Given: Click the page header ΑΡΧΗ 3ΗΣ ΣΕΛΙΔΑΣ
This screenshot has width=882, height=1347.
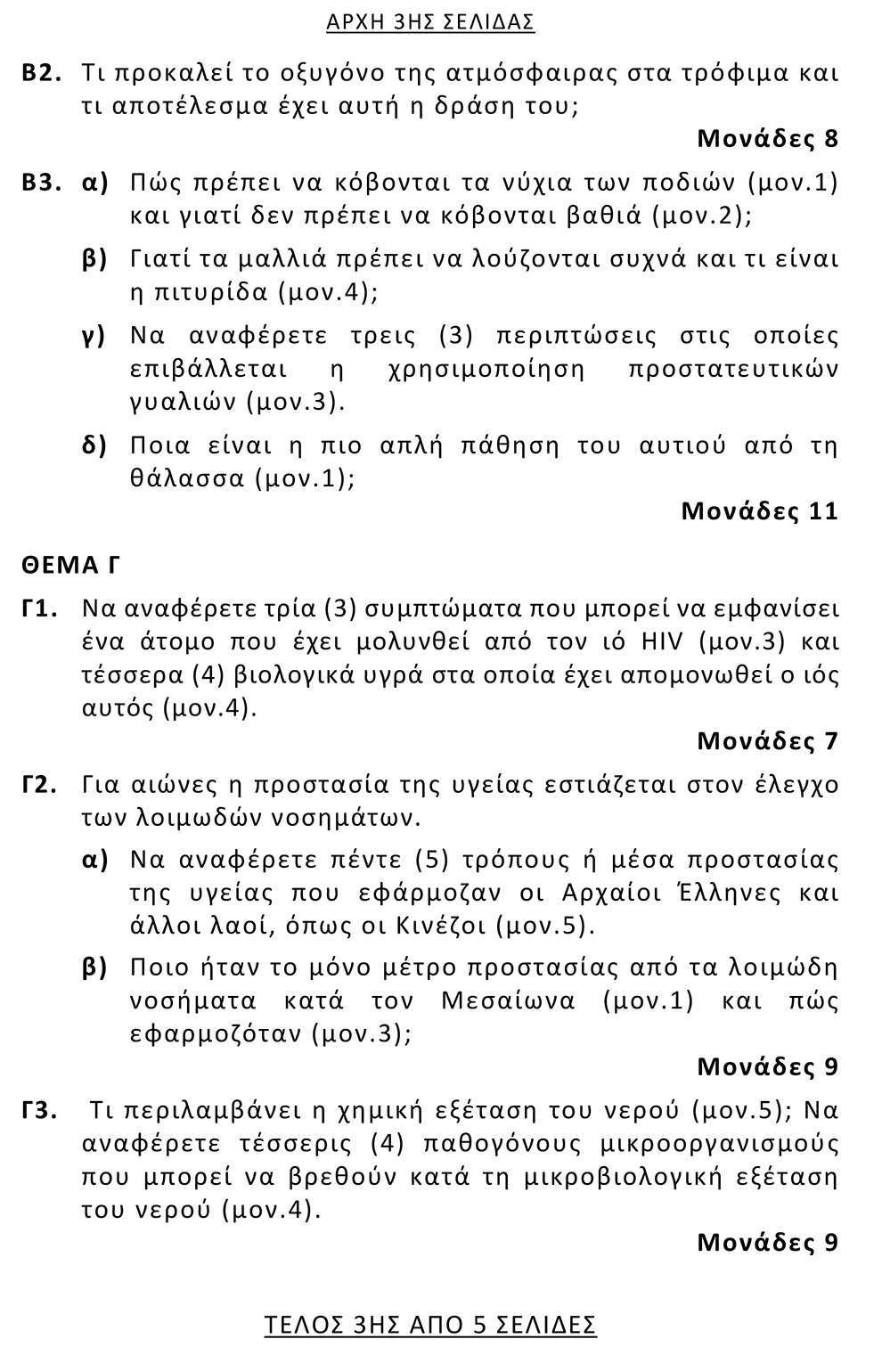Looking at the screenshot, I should (430, 22).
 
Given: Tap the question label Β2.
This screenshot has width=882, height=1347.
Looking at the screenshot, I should (41, 73).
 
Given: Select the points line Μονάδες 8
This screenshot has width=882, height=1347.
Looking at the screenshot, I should (767, 139).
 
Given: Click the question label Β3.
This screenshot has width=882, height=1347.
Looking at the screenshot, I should (41, 184).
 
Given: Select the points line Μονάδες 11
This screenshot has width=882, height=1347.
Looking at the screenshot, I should (759, 511).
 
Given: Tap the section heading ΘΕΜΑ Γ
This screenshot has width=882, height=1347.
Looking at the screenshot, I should (71, 565).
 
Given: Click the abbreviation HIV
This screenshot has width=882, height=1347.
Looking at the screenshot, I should (659, 641).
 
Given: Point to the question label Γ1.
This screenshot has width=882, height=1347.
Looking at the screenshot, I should (40, 609).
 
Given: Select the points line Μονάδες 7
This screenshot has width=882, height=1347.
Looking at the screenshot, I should (767, 741).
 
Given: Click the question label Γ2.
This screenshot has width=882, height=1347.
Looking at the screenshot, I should (40, 785).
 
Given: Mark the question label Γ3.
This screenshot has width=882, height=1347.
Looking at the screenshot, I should (40, 1111).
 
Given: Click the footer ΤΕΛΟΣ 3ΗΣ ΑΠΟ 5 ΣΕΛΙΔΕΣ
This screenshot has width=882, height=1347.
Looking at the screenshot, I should (430, 1325).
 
